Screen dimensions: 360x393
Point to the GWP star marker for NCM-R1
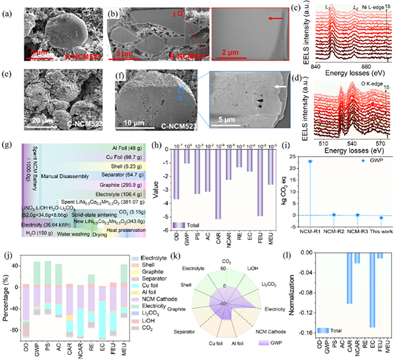tap(310, 161)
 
